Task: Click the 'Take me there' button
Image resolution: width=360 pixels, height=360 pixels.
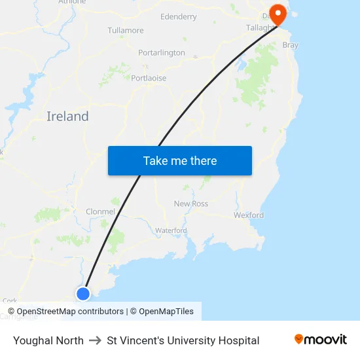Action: (x=180, y=161)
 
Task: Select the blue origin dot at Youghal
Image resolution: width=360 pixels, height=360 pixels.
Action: (x=83, y=293)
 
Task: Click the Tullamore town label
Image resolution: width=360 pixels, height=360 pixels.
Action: (x=126, y=31)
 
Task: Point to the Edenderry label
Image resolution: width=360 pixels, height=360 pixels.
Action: (x=178, y=16)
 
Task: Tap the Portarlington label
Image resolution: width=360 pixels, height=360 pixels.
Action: (x=162, y=52)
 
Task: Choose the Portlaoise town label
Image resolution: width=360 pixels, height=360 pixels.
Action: (x=149, y=78)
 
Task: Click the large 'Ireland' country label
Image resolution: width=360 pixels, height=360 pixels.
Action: (x=67, y=117)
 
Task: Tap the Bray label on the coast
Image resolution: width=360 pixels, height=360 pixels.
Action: (x=290, y=45)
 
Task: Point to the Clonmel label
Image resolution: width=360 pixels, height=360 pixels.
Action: (x=100, y=211)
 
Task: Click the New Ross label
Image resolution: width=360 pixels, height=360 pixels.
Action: (x=191, y=204)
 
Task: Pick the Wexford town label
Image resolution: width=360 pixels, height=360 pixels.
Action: (x=249, y=215)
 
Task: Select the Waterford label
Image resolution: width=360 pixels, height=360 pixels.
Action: (x=171, y=230)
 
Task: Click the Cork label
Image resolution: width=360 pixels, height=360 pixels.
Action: (x=10, y=300)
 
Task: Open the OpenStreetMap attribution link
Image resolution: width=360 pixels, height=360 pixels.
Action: (x=69, y=312)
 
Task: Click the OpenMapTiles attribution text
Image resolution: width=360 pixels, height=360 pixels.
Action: (x=166, y=312)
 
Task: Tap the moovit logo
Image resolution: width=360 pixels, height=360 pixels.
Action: (x=321, y=340)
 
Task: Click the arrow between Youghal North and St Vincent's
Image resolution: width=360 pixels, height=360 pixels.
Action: (x=95, y=340)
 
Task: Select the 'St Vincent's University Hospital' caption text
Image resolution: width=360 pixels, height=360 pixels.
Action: (x=183, y=340)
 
